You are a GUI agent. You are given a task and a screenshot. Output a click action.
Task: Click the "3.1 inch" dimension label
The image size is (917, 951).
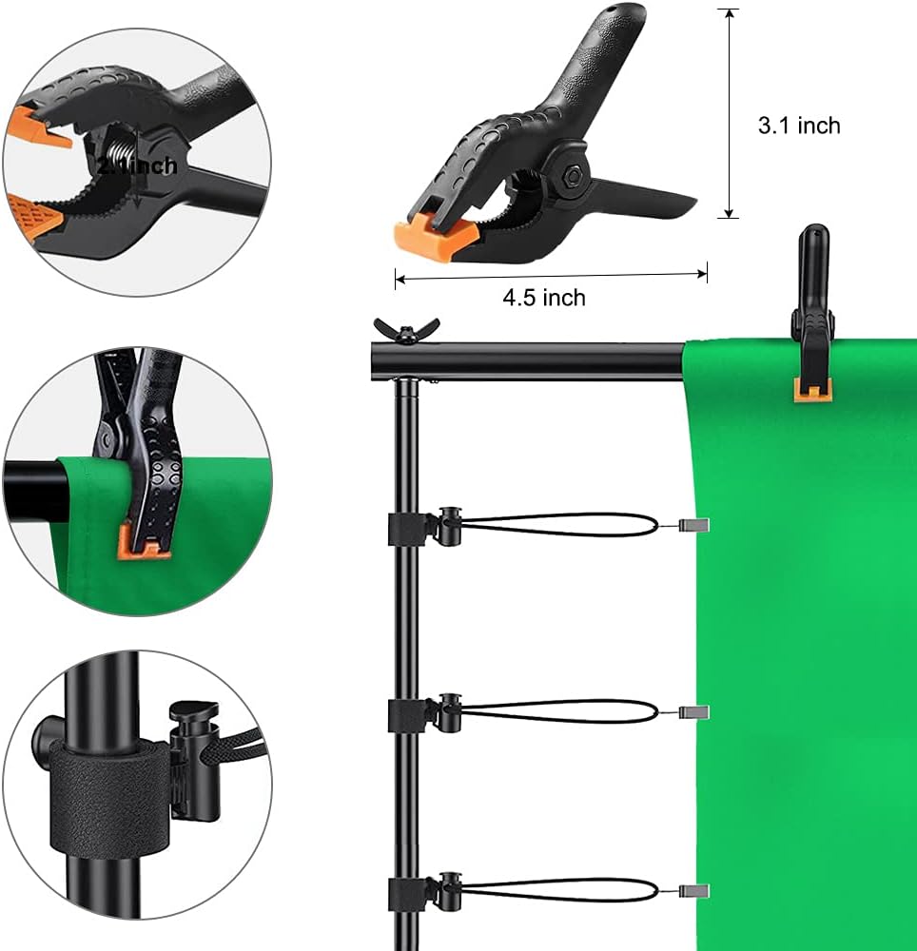click(798, 125)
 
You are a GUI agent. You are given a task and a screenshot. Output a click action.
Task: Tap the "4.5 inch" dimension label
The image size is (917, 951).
click(543, 298)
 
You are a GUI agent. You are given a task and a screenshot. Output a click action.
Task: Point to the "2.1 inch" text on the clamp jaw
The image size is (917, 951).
click(136, 165)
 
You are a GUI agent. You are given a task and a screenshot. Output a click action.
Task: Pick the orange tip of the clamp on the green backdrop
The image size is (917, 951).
click(811, 389)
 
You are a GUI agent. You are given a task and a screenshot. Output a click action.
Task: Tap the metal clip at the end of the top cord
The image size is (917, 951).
click(695, 525)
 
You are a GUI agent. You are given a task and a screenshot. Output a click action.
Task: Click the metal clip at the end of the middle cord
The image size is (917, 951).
click(695, 711)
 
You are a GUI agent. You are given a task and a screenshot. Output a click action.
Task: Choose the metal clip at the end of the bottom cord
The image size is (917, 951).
click(695, 891)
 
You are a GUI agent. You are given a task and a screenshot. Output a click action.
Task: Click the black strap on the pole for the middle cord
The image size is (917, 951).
click(406, 714)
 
